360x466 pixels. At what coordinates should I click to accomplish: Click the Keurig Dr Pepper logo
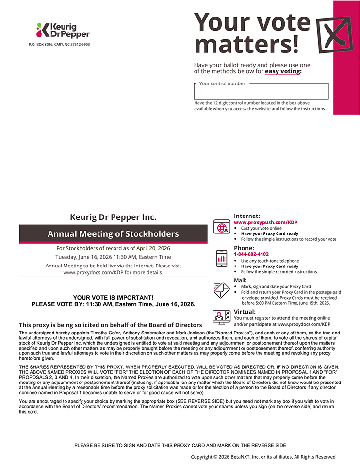pos(63,30)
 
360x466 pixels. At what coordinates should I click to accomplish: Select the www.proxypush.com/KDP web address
pos(265,222)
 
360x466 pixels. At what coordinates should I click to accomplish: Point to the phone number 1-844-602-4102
pos(251,254)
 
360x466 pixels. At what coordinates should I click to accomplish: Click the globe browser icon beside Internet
pos(222,227)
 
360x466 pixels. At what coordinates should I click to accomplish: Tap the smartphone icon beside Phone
pos(222,258)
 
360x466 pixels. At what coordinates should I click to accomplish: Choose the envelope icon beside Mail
pos(222,290)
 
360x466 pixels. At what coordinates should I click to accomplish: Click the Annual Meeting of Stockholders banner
pos(113,234)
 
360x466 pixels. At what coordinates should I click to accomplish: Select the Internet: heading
pos(247,216)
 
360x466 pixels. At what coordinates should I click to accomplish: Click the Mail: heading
pos(241,280)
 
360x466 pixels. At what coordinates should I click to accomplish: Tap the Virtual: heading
pos(245,312)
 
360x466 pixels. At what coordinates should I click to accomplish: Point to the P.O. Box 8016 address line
pos(59,44)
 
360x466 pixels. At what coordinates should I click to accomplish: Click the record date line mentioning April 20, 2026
pos(113,248)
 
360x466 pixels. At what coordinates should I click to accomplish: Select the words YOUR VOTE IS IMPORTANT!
pos(113,297)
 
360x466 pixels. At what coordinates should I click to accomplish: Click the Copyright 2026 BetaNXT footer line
pos(263,457)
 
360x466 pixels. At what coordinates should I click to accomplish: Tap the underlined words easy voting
pos(283,71)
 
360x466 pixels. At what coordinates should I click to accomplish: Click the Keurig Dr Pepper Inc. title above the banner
pos(113,217)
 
